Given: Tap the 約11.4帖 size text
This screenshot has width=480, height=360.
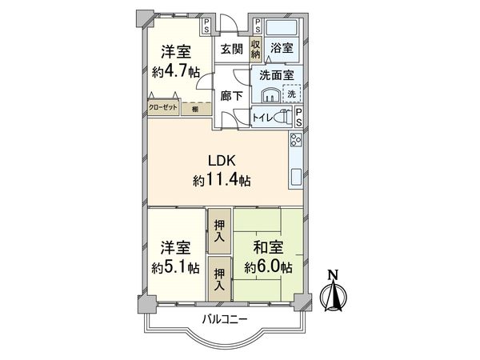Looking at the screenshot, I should tap(222, 181).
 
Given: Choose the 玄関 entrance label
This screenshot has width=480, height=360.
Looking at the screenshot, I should tap(232, 49).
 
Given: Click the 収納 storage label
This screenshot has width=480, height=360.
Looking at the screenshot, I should tap(256, 49).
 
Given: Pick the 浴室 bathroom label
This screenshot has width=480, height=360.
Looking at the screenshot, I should tap(282, 49).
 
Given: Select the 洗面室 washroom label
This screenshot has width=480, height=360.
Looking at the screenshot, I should tap(273, 75).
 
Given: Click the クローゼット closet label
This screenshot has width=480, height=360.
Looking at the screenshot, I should tap(162, 106).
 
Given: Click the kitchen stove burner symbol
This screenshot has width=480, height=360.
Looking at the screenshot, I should tap(294, 142).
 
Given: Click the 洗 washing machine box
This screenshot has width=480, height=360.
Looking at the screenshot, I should tap(294, 94).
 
